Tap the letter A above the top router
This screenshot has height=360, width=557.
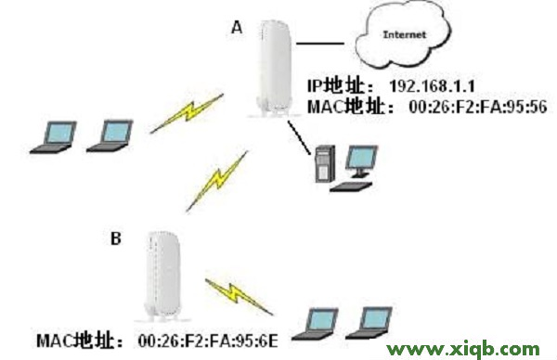(x=236, y=29)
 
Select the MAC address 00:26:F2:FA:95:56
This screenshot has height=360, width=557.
(x=472, y=107)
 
